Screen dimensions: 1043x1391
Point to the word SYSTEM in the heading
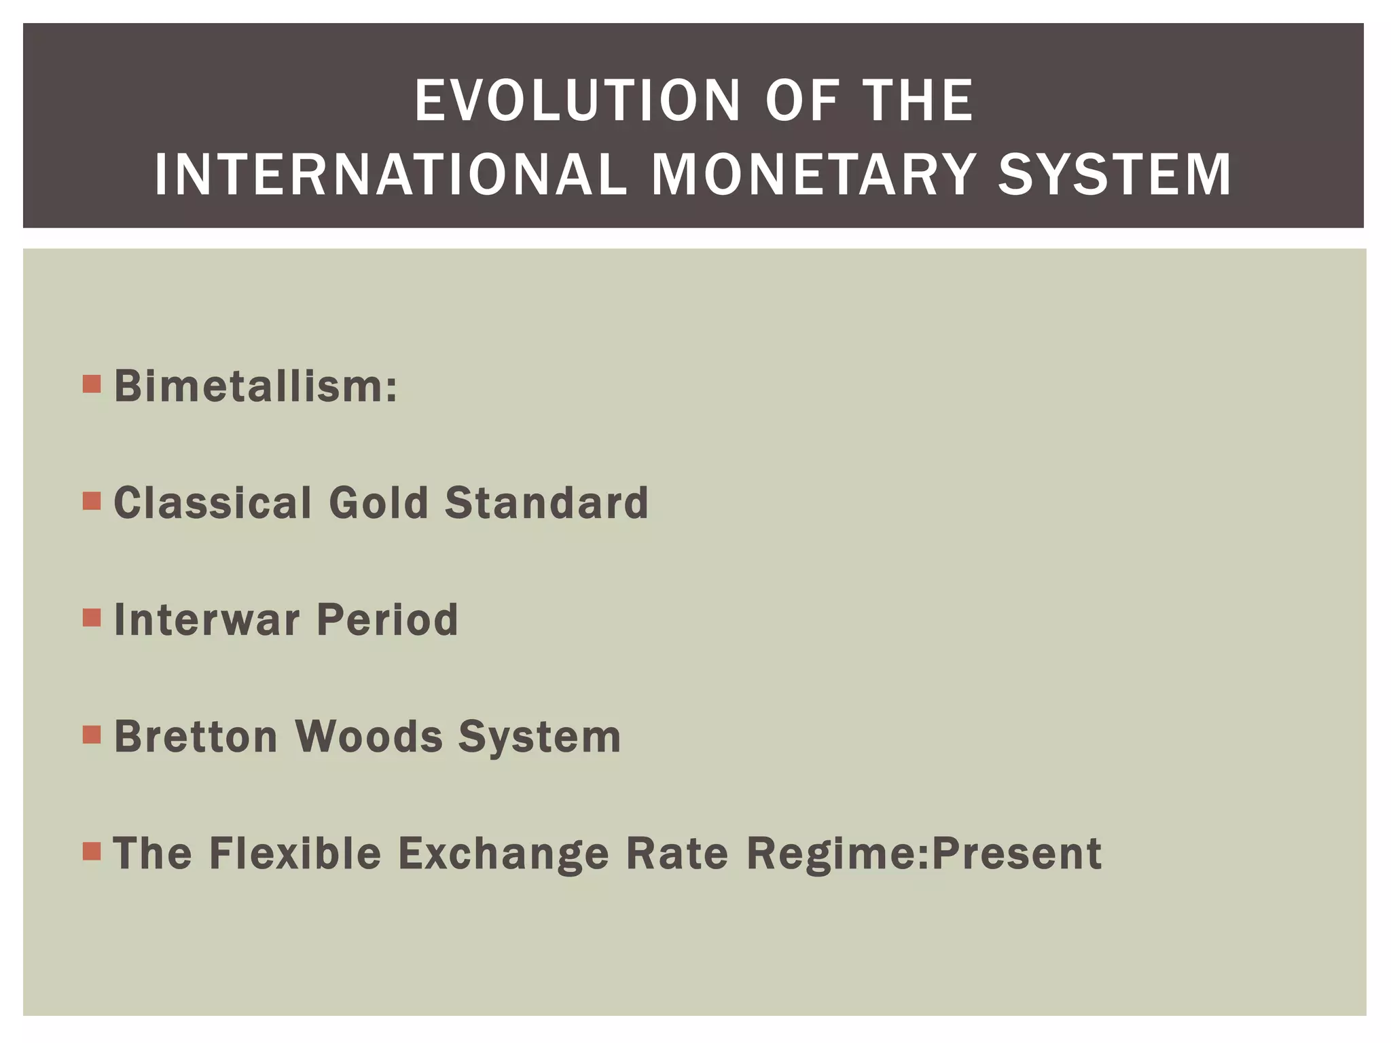pos(1115,175)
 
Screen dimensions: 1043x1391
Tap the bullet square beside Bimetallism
pos(92,384)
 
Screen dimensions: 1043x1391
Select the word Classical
pos(213,503)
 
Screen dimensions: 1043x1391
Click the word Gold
pos(378,503)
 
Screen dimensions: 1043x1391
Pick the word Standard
pos(547,503)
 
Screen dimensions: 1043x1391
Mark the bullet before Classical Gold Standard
pos(92,501)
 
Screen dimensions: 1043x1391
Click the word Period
pos(387,619)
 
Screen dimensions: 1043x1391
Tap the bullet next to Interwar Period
pos(92,618)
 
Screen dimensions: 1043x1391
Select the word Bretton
pos(196,736)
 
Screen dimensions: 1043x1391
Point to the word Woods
pos(369,736)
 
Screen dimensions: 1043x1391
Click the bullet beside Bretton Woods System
pos(92,735)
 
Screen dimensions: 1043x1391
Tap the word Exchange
pos(503,853)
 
